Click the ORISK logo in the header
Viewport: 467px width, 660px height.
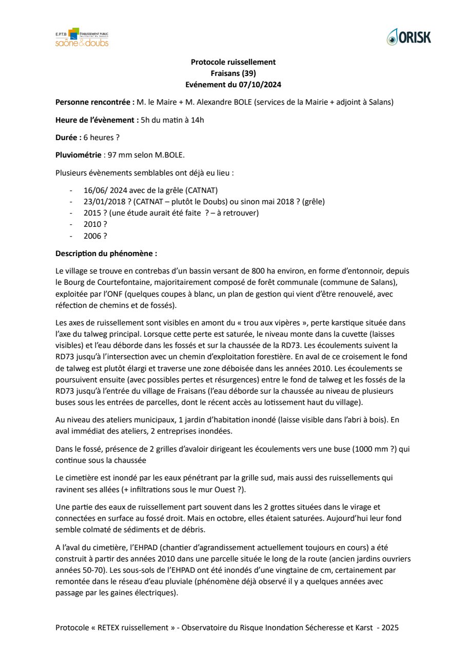pyautogui.click(x=409, y=37)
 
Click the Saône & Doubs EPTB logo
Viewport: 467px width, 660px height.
pyautogui.click(x=82, y=37)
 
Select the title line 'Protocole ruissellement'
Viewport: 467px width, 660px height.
pyautogui.click(x=233, y=62)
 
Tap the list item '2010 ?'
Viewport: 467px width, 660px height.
pyautogui.click(x=95, y=224)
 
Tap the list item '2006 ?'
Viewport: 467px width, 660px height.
pyautogui.click(x=95, y=236)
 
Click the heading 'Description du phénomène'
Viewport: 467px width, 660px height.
pyautogui.click(x=106, y=254)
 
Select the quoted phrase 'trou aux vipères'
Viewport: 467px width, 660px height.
pyautogui.click(x=255, y=323)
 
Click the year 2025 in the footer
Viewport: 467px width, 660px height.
pyautogui.click(x=390, y=628)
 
